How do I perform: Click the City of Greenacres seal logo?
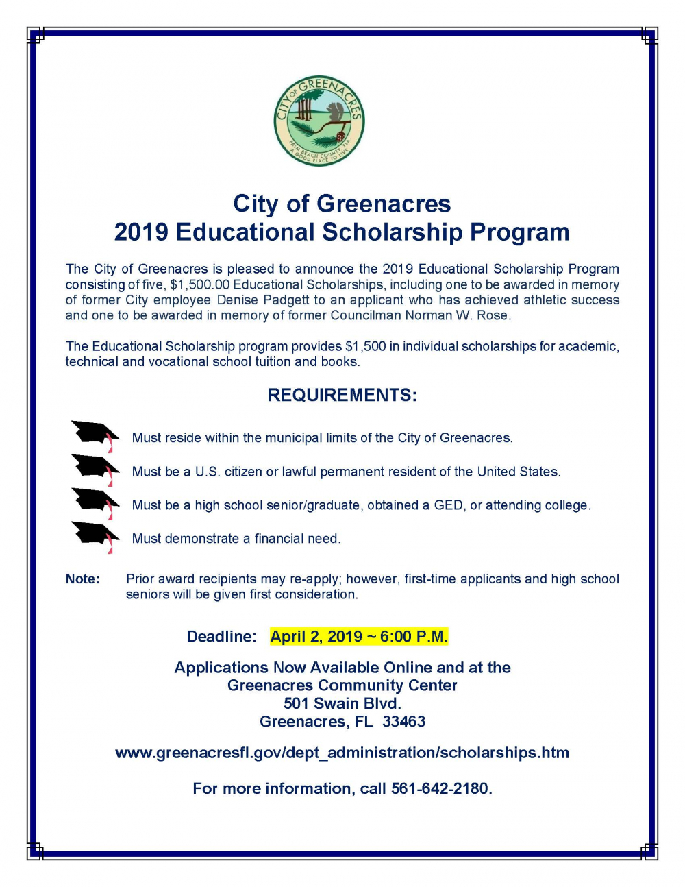coord(319,121)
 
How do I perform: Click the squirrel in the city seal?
coord(334,112)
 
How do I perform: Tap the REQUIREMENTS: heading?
coord(342,396)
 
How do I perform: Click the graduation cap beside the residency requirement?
coord(95,435)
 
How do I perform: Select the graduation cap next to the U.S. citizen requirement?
coord(95,468)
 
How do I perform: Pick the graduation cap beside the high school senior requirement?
coord(95,502)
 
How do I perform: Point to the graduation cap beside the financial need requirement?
coord(95,535)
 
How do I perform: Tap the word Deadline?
coord(221,637)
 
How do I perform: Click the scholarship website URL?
coord(342,753)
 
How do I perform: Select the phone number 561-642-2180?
coord(440,789)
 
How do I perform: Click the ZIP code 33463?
coord(404,722)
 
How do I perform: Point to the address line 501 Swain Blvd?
coord(342,704)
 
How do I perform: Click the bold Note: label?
coord(82,579)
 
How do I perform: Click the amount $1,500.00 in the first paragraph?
coord(199,284)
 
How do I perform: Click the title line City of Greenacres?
coord(342,204)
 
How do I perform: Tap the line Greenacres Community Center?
coord(342,686)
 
